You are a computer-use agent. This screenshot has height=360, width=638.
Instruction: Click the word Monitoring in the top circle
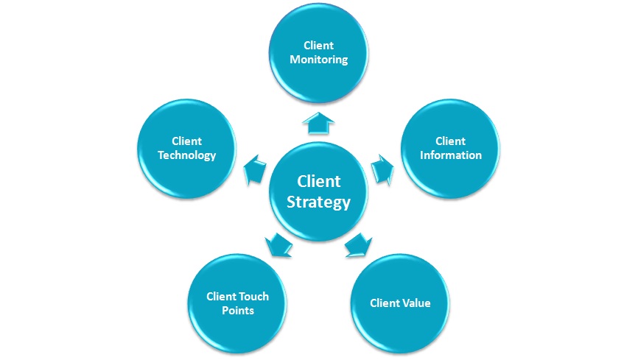point(318,60)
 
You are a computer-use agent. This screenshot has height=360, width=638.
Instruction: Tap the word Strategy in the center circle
point(318,202)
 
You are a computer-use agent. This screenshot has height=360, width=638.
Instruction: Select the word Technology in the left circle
point(186,155)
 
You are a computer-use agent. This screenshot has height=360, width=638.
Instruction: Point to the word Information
point(450,155)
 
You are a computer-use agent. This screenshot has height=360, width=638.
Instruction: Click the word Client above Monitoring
point(318,46)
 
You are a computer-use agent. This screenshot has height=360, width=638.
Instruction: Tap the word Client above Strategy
point(318,182)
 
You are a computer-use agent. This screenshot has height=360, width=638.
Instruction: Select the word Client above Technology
point(186,141)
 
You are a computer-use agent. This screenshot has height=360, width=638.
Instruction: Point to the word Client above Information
point(450,141)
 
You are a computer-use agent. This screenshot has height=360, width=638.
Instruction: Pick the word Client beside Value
point(384,303)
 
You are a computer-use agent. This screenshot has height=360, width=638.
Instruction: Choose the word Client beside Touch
point(220,297)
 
